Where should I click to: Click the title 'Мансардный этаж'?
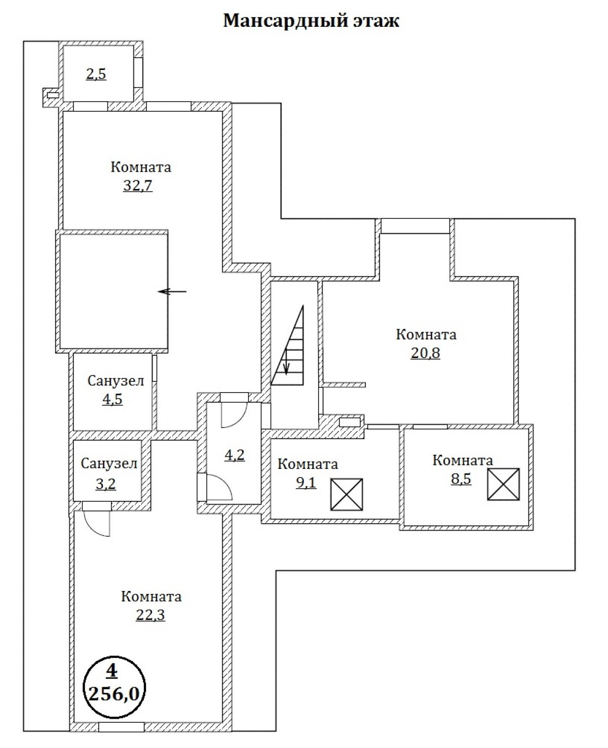tap(311, 21)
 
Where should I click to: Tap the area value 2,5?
tap(96, 74)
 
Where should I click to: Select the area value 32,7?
tap(138, 185)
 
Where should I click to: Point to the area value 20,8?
tap(426, 352)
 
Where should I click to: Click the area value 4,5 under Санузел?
tap(112, 399)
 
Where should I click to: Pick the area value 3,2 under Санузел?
tap(106, 484)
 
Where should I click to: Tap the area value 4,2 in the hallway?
tap(235, 455)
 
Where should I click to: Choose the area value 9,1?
tap(306, 482)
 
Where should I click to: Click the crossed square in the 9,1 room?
tap(347, 494)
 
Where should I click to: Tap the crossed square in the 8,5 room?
tap(503, 484)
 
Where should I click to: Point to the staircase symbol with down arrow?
tap(288, 345)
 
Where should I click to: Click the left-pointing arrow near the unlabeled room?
tap(172, 291)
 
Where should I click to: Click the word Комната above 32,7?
tap(141, 167)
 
